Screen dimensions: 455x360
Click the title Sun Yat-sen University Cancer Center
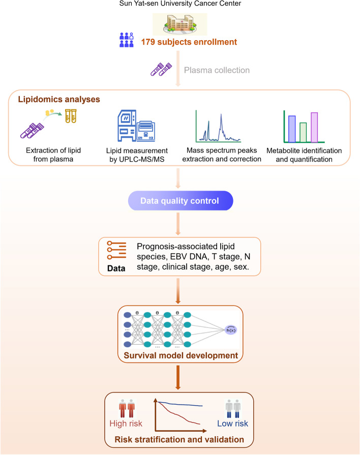tap(180, 5)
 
